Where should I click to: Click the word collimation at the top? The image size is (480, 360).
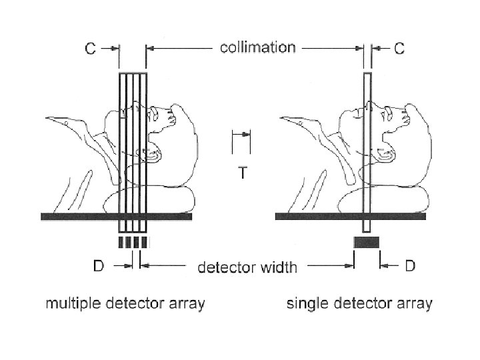coord(258,47)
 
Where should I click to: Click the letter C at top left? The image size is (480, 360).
coord(91,49)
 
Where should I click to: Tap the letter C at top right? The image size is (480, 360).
coord(397,49)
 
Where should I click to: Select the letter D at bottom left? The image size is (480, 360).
coord(97,266)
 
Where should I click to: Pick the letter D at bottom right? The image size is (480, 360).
coord(409,266)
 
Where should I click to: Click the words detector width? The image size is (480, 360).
coord(247,268)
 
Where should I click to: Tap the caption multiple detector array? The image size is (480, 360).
coord(125,305)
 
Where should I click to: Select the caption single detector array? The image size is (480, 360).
coord(359,305)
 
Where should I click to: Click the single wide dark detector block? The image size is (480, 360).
coord(366,242)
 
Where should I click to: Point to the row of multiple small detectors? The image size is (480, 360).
coord(132,242)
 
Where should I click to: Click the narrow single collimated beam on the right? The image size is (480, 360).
coord(366,147)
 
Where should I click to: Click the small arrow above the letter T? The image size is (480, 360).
coord(242,135)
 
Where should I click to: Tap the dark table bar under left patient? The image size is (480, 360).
coord(117,217)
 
